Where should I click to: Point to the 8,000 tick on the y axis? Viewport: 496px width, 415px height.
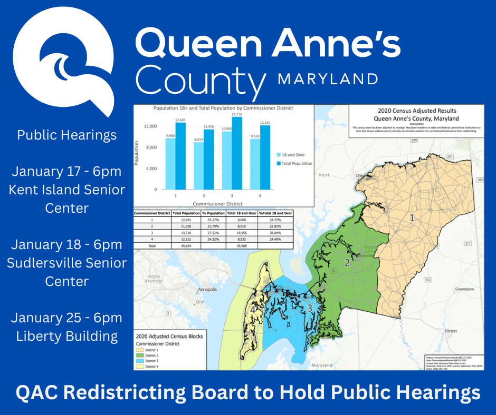[150, 147]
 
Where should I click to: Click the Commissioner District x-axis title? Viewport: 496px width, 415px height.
[217, 203]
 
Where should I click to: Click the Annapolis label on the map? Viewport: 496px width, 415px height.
[207, 289]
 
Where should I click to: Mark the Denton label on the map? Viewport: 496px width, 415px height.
[450, 331]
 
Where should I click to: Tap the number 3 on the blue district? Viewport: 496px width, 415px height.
[310, 308]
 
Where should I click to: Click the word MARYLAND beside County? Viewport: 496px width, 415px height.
[328, 79]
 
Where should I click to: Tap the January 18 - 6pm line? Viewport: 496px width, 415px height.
[66, 244]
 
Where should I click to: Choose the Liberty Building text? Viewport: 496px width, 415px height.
[66, 336]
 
